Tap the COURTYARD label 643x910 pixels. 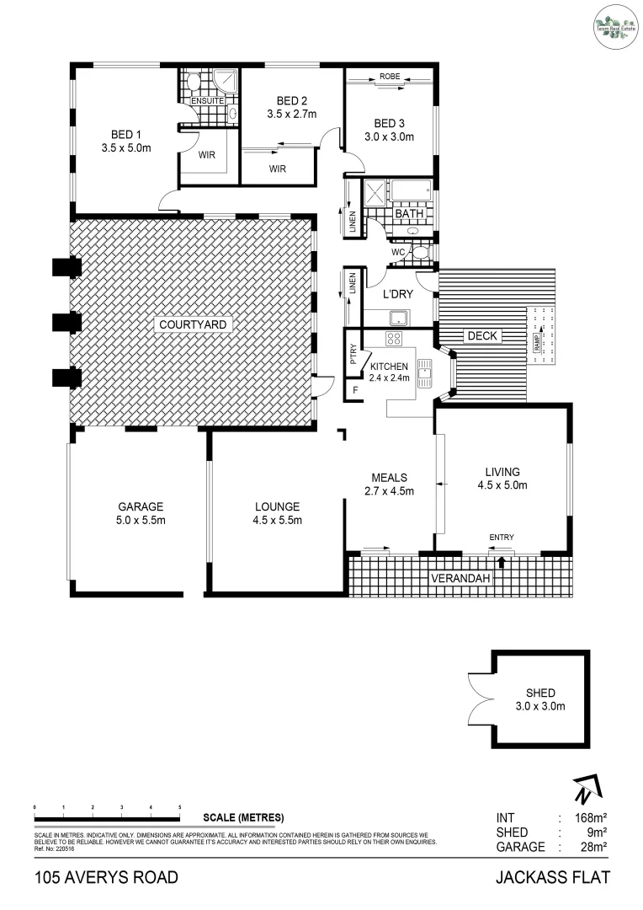192,324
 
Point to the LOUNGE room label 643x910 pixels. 277,507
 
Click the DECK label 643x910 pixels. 483,336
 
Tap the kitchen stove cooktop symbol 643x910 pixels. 394,339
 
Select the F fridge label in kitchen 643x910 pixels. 355,390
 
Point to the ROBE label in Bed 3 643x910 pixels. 390,76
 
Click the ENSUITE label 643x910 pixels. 206,101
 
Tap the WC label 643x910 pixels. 399,252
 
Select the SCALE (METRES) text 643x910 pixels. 243,818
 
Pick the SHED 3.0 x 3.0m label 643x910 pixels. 539,700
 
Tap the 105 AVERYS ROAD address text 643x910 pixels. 106,878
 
